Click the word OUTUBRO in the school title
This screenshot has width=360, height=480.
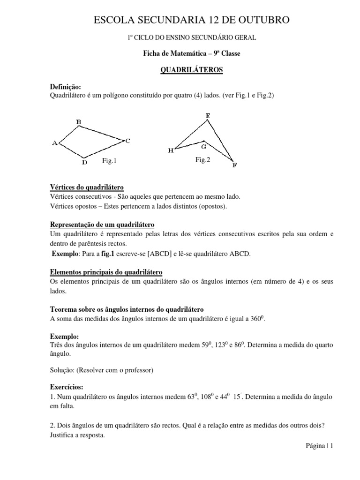(x=263, y=20)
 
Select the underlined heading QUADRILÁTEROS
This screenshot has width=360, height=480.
(x=192, y=70)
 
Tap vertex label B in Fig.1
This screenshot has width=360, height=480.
(x=79, y=123)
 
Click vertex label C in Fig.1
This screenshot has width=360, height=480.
(x=127, y=140)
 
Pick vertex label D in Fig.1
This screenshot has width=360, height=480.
(x=84, y=163)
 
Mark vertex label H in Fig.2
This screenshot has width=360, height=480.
(x=170, y=150)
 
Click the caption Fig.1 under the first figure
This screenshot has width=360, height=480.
(x=109, y=161)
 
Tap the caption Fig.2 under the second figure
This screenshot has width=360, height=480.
(x=203, y=160)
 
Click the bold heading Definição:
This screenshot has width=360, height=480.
(x=66, y=87)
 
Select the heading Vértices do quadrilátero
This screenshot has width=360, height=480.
(x=87, y=187)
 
